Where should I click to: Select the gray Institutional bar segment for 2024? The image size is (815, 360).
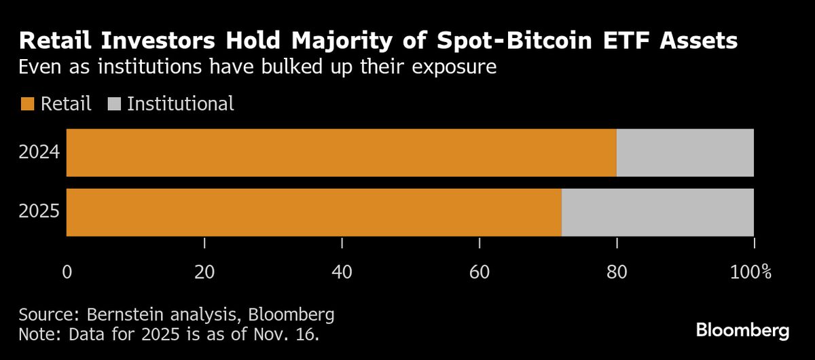(x=685, y=153)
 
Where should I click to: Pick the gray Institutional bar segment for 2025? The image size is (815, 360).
(x=657, y=213)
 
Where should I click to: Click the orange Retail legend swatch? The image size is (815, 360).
(x=27, y=104)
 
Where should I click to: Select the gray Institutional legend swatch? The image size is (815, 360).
(x=113, y=104)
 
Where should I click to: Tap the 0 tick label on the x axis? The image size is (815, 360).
(x=67, y=273)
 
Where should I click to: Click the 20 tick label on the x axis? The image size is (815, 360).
(x=204, y=273)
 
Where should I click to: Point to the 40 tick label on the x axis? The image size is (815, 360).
(x=342, y=273)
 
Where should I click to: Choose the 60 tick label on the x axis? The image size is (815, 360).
(x=479, y=273)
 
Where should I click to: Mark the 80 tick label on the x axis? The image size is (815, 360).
(x=617, y=273)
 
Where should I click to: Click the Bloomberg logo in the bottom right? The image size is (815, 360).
(x=742, y=331)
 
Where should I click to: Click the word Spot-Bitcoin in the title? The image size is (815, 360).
(x=520, y=42)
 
